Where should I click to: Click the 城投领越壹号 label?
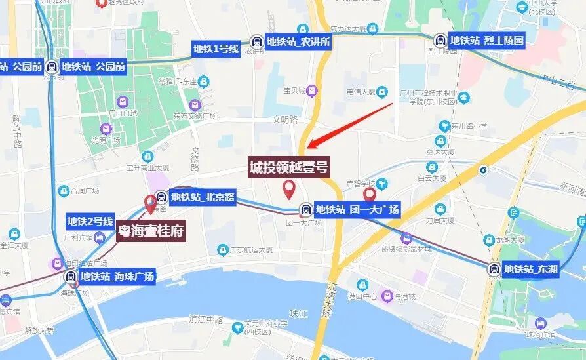pos(288,168)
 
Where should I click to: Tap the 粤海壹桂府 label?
pos(149,231)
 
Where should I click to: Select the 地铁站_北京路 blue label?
pos(202,196)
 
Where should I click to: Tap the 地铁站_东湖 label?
pos(530,269)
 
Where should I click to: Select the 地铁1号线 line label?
pos(216,48)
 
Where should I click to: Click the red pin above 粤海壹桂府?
pos(151,204)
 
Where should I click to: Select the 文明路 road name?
pos(285,120)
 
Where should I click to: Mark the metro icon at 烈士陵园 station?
pos(440,40)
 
